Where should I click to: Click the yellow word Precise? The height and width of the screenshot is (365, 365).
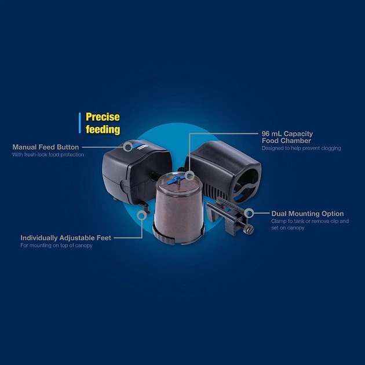[x=103, y=117]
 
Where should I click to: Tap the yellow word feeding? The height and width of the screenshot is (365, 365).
[x=103, y=129]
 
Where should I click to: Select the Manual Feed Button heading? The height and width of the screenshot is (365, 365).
[x=46, y=147]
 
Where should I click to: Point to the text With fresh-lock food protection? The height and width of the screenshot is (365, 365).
[x=48, y=155]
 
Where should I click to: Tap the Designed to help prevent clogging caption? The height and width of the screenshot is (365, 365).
[x=301, y=148]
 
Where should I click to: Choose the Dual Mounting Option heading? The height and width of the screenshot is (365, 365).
[x=307, y=214]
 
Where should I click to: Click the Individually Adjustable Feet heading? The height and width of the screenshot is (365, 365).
[x=65, y=238]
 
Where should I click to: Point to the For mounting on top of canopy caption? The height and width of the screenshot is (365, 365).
[x=57, y=246]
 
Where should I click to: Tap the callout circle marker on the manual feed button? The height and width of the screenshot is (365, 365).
[x=128, y=147]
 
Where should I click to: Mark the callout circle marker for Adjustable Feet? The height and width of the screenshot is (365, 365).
[x=141, y=214]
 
